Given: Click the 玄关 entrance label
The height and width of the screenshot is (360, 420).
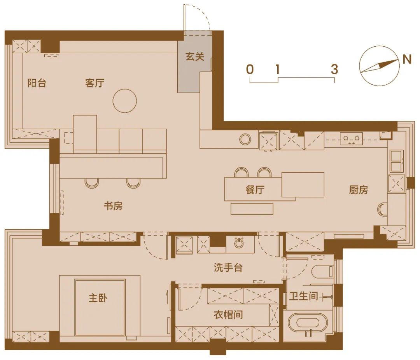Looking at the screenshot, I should (x=194, y=57).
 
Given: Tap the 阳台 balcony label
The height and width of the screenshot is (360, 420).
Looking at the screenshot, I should (x=37, y=83).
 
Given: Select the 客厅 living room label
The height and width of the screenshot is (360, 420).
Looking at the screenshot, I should (x=94, y=83).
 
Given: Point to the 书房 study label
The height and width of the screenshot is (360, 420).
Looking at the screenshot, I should (x=113, y=206).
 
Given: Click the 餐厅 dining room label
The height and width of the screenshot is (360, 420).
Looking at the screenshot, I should (x=255, y=190).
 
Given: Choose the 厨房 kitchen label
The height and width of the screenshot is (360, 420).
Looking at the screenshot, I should (x=358, y=190).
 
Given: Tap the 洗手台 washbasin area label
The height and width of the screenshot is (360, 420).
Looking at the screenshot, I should (x=228, y=267).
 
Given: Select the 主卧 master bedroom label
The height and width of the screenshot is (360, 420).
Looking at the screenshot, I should (x=98, y=298).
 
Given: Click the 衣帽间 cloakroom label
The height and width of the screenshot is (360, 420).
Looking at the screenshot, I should (x=228, y=314).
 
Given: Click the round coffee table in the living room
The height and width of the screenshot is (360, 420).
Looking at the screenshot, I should (x=124, y=101).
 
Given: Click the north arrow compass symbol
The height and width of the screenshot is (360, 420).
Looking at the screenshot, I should (x=379, y=66).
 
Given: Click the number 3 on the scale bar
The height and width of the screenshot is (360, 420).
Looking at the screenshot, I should (x=334, y=70).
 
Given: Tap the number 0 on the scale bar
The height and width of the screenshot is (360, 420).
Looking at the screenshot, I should (x=250, y=70).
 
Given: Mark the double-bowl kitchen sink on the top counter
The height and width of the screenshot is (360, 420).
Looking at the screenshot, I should (x=351, y=137).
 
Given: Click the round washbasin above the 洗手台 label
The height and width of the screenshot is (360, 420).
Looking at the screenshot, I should (x=240, y=243).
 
